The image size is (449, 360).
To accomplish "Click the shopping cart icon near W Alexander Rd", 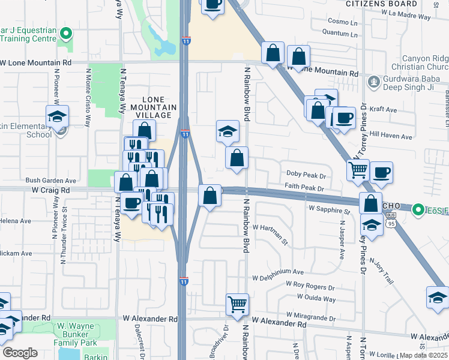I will coord(237,304).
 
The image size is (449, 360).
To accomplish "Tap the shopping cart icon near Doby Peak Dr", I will coord(358,170).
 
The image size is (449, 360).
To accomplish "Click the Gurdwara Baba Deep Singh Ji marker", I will coord(373,80).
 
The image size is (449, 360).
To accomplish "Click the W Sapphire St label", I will coord(329,211).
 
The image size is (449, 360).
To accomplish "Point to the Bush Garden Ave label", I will coord(51,180).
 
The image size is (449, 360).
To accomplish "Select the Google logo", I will coord(20,353).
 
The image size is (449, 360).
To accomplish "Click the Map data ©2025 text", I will coord(424,355).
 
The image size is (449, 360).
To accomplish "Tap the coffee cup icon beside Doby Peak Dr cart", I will coord(381,173).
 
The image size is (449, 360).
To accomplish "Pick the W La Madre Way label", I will coord(406,17).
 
